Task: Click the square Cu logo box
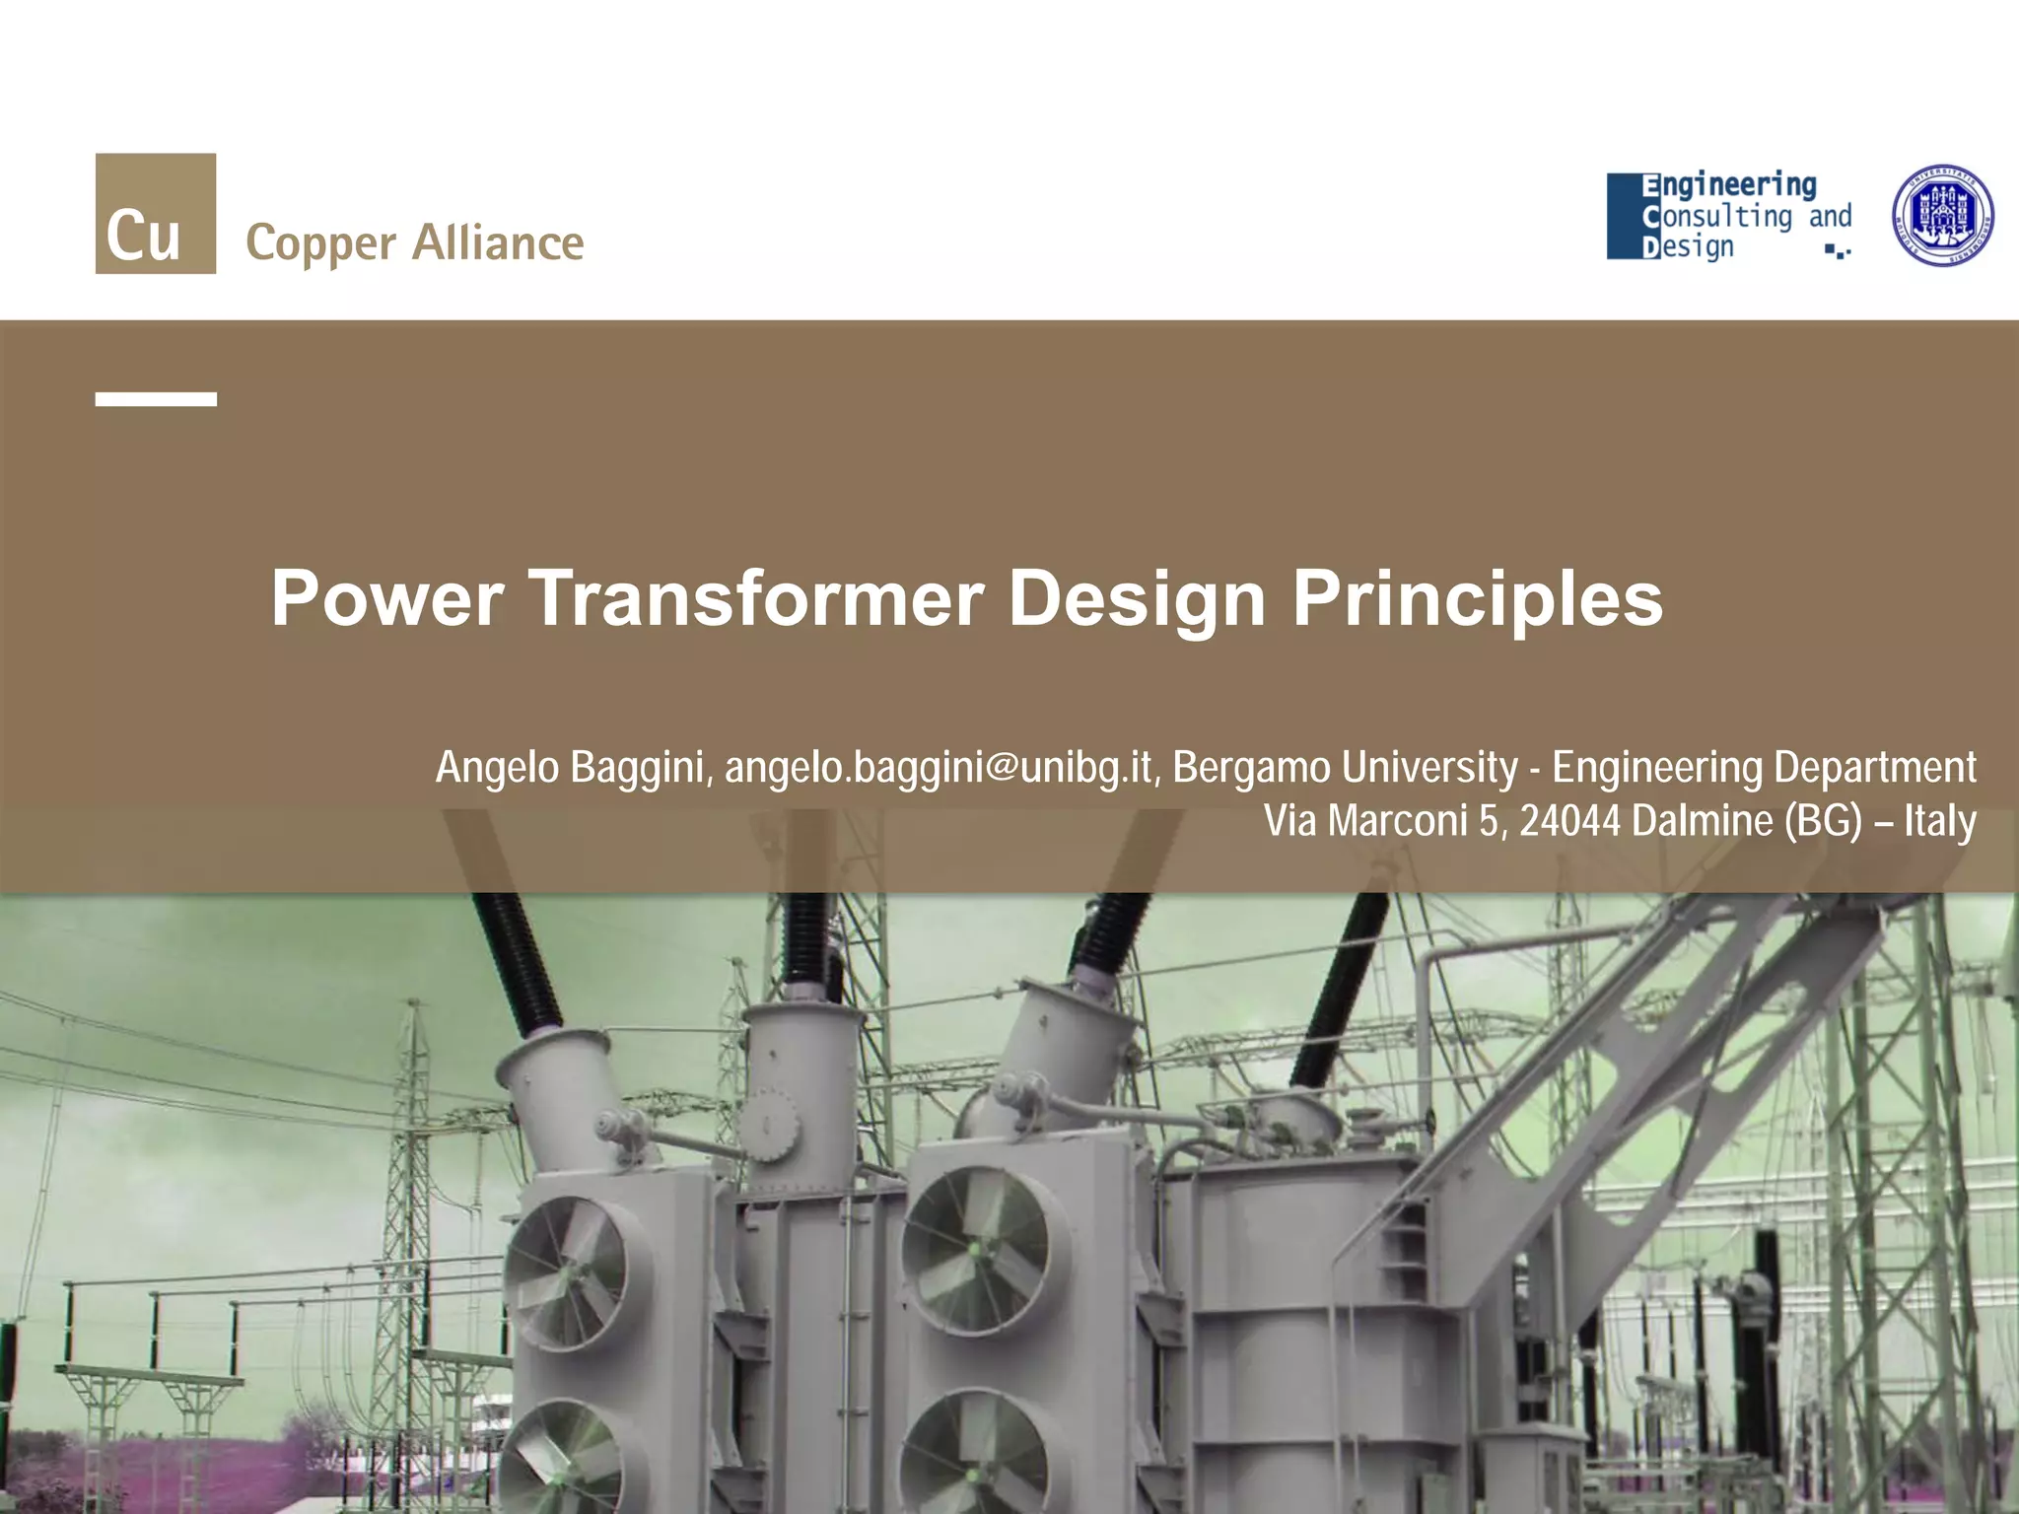click(156, 213)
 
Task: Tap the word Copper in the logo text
click(320, 244)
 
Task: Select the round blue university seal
click(1943, 215)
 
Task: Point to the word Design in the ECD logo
click(1688, 246)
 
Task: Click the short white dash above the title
click(156, 399)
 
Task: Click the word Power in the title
click(387, 598)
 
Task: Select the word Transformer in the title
click(756, 598)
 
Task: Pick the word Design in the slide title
click(1137, 598)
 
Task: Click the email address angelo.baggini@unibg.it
click(939, 767)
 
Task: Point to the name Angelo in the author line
click(498, 767)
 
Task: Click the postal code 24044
click(1569, 820)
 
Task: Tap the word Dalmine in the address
click(1702, 820)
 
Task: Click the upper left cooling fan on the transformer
click(567, 1272)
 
